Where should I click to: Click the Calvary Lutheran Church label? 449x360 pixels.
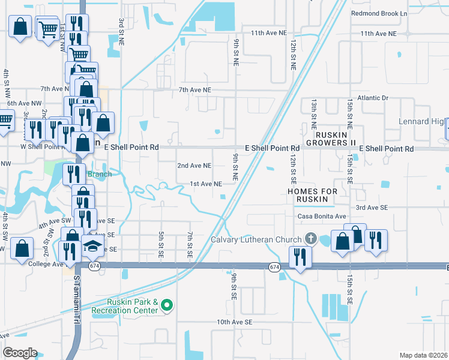tap(256, 240)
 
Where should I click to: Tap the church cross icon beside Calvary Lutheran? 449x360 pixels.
tap(310, 239)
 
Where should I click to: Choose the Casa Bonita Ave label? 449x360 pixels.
tap(322, 216)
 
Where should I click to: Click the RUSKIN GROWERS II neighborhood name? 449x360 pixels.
tap(331, 139)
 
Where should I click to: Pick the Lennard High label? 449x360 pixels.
tap(423, 122)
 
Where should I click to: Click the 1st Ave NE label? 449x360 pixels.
tap(206, 184)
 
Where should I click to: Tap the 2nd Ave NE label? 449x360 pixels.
tap(194, 166)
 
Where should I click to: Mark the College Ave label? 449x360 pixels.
tap(46, 264)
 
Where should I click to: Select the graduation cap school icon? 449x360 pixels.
tap(92, 245)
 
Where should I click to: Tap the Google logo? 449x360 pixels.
tap(20, 353)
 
